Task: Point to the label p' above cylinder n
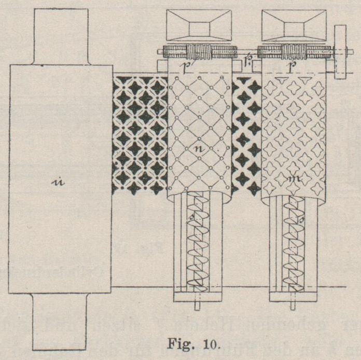point(185,66)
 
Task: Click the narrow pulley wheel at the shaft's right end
point(341,52)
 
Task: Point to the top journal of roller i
point(61,35)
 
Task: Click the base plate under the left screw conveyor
point(198,297)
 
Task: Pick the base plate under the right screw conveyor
point(294,297)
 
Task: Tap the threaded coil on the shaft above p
point(294,52)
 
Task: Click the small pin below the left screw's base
point(198,306)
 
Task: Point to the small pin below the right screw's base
point(294,306)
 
